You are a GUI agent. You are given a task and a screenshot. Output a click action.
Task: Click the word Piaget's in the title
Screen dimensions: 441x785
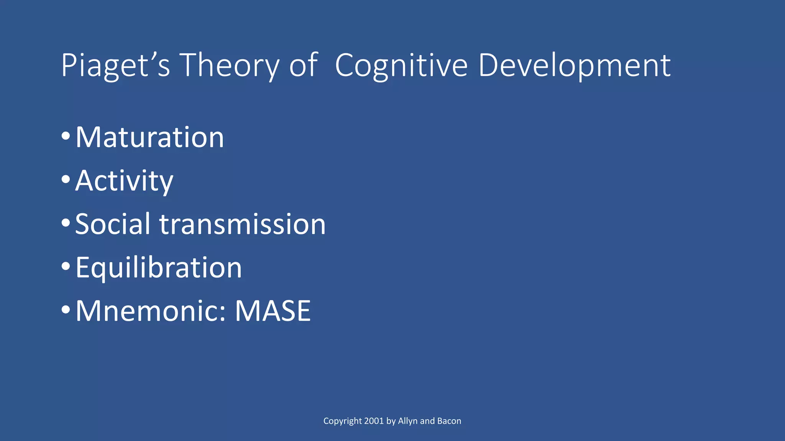pyautogui.click(x=115, y=66)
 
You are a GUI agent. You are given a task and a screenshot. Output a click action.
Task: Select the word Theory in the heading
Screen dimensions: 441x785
pyautogui.click(x=229, y=66)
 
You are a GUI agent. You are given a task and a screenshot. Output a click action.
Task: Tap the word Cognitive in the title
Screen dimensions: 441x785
pyautogui.click(x=401, y=66)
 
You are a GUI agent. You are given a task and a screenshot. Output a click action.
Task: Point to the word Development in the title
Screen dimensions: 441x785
pyautogui.click(x=574, y=66)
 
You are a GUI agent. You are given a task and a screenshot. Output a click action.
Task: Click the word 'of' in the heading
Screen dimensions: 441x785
pyautogui.click(x=303, y=66)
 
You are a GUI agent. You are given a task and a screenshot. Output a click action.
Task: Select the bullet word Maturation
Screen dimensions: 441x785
pyautogui.click(x=149, y=137)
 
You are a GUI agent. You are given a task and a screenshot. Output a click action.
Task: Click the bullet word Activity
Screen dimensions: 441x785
pyautogui.click(x=124, y=181)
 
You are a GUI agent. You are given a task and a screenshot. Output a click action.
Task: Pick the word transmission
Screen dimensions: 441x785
pyautogui.click(x=242, y=224)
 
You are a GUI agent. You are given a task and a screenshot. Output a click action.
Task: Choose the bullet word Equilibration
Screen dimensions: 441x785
pyautogui.click(x=159, y=268)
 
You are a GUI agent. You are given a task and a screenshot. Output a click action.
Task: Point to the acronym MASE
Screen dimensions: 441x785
pyautogui.click(x=273, y=311)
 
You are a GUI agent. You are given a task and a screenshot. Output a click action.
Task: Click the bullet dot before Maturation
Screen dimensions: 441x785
pyautogui.click(x=66, y=136)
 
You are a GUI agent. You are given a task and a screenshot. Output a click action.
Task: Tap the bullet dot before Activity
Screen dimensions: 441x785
pyautogui.click(x=66, y=179)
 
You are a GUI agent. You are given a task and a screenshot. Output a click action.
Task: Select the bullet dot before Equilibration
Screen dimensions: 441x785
pyautogui.click(x=66, y=266)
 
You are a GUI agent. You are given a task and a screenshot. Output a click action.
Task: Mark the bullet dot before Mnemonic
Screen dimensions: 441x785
pyautogui.click(x=66, y=309)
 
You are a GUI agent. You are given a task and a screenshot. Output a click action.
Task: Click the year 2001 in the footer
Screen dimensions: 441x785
pyautogui.click(x=374, y=421)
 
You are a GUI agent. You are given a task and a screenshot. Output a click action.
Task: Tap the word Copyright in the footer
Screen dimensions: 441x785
pyautogui.click(x=342, y=421)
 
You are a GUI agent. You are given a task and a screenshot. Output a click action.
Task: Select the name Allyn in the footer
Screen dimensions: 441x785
pyautogui.click(x=408, y=421)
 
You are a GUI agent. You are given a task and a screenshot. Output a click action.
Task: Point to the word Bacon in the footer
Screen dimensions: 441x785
pyautogui.click(x=449, y=421)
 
